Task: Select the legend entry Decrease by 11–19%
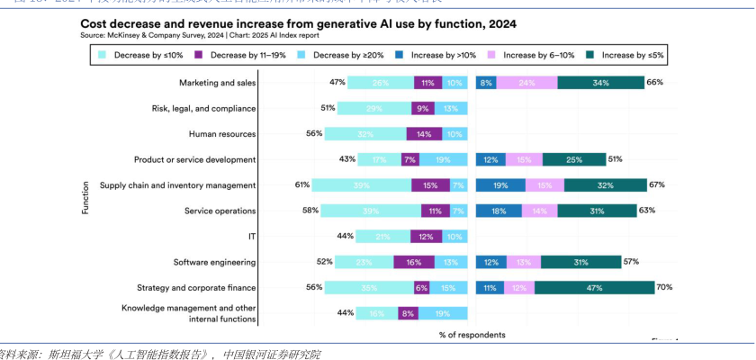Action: (x=247, y=55)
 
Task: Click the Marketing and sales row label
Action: (x=217, y=83)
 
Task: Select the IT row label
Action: (x=251, y=237)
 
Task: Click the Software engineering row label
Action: (x=214, y=262)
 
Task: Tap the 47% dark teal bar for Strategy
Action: (x=594, y=288)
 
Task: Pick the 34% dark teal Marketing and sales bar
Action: (x=600, y=83)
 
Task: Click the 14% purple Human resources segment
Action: (x=424, y=134)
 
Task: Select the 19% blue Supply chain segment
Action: (x=499, y=185)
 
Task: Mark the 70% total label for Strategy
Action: (x=665, y=288)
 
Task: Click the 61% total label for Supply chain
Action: (x=302, y=185)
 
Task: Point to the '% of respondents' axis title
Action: (x=472, y=335)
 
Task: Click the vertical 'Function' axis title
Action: (x=85, y=198)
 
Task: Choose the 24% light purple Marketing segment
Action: (x=526, y=83)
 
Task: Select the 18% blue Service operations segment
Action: (x=498, y=211)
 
